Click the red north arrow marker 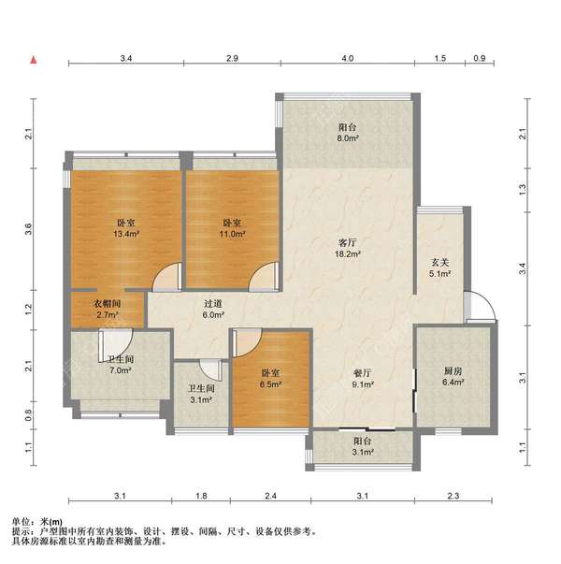tap(34, 60)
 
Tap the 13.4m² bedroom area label tap(126, 228)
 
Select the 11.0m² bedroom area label tap(232, 228)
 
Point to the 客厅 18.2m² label tap(348, 248)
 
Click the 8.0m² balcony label tap(348, 133)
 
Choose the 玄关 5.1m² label tap(440, 268)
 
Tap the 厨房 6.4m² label tap(453, 377)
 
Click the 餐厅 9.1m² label tap(363, 379)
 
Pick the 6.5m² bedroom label tap(270, 379)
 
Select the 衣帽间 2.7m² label tap(108, 309)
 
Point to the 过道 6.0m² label tap(213, 309)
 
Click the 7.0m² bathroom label tap(121, 365)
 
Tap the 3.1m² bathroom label tap(201, 394)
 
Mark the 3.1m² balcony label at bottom tap(363, 446)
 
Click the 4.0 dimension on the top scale tap(348, 58)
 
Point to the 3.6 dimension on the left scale tap(28, 229)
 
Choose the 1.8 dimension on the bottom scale tap(201, 496)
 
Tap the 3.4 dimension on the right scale tap(523, 268)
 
